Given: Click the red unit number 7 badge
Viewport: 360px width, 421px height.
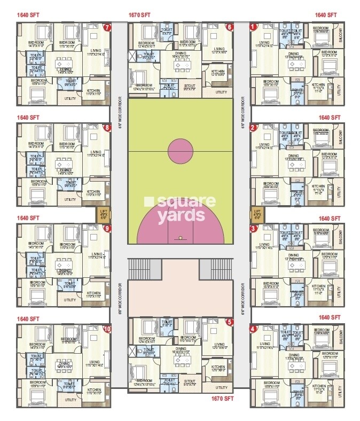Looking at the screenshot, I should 107,27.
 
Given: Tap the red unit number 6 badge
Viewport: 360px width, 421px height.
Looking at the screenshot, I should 230,27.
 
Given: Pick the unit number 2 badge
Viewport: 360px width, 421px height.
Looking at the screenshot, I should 253,128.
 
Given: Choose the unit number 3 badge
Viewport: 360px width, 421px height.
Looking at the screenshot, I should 253,228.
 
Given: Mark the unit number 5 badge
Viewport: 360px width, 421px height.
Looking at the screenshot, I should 230,322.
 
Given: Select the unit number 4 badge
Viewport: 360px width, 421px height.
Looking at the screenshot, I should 253,329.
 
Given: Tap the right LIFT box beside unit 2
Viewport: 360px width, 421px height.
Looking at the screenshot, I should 257,215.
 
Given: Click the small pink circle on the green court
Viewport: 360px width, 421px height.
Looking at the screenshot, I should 180,151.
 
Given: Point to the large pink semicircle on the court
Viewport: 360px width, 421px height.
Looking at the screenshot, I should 180,224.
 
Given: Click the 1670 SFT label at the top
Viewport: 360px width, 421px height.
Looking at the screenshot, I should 142,15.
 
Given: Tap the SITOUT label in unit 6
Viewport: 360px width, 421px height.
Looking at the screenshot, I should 190,85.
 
